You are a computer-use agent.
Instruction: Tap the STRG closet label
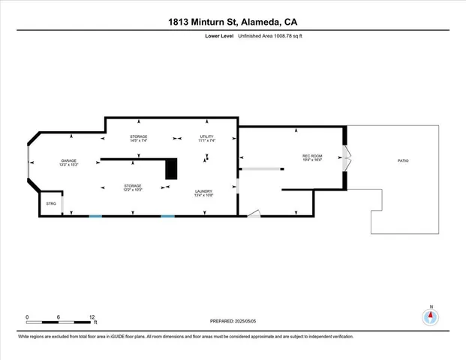pos(51,203)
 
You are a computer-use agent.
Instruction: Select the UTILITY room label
pos(207,136)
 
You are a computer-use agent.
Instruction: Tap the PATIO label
pos(403,161)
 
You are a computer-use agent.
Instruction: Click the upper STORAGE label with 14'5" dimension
pos(138,136)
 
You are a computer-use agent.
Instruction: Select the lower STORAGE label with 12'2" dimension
pos(132,185)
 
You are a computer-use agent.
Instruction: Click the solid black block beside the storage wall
pos(172,169)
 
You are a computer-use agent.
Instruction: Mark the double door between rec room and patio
pos(346,160)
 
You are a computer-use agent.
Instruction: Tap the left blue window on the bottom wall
pos(95,216)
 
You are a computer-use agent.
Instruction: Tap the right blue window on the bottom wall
pos(167,216)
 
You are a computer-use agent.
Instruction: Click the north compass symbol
pos(431,316)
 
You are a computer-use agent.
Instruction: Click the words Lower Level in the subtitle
pos(221,35)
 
